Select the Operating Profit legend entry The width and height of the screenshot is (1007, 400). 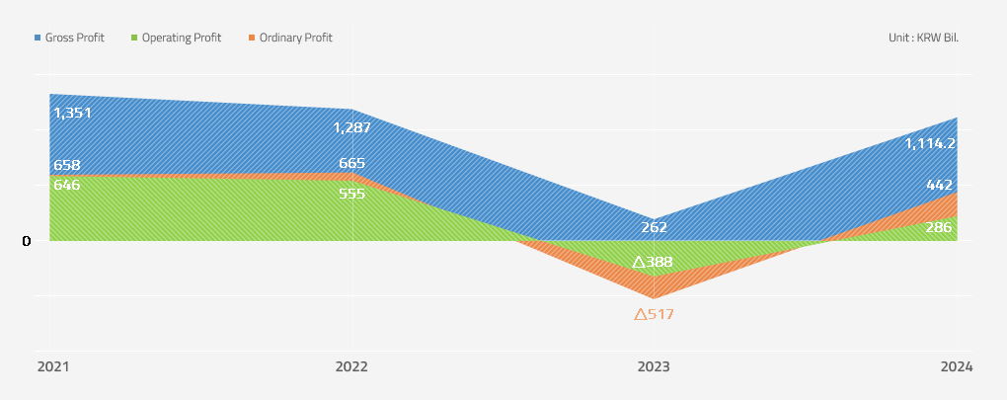[x=175, y=38]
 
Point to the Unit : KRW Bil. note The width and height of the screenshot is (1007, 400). [x=923, y=38]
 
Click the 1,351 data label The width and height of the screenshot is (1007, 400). [x=72, y=113]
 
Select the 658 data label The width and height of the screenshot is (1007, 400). [x=67, y=165]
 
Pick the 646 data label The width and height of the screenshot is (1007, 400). [x=67, y=185]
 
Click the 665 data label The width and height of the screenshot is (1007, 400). [x=351, y=164]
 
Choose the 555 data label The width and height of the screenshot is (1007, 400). [x=351, y=194]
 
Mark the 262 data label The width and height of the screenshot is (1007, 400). [x=654, y=227]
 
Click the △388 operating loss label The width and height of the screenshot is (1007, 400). [x=653, y=263]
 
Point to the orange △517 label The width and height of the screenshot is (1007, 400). [x=654, y=314]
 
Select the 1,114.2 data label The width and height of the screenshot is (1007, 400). [x=930, y=143]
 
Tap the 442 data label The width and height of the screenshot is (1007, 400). [x=939, y=185]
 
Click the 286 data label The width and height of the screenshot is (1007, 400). [x=939, y=227]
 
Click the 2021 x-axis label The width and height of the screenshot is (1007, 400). [x=53, y=366]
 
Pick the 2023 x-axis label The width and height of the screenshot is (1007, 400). [x=654, y=366]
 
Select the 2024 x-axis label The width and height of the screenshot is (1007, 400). [x=956, y=366]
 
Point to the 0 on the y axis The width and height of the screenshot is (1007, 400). [x=27, y=241]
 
